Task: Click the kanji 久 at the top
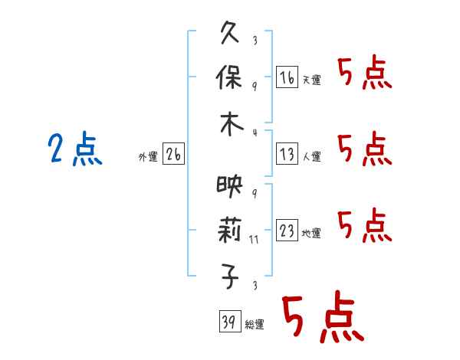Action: click(230, 32)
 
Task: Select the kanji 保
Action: click(228, 77)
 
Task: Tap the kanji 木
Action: click(232, 124)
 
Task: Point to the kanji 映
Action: click(230, 186)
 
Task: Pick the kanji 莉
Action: click(229, 230)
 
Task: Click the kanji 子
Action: click(230, 277)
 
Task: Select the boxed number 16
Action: click(287, 77)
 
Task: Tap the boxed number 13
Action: click(287, 154)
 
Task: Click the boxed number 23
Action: click(287, 230)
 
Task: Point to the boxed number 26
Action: click(173, 154)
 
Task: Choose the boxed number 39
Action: click(230, 321)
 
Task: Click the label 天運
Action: click(312, 80)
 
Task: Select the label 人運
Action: click(312, 156)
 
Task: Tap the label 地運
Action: click(311, 233)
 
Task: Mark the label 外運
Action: click(148, 156)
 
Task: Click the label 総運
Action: click(255, 324)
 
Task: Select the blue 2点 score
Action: click(75, 149)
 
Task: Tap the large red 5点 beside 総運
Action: click(324, 316)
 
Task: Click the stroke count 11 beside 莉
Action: click(254, 240)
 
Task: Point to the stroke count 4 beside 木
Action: click(255, 133)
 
